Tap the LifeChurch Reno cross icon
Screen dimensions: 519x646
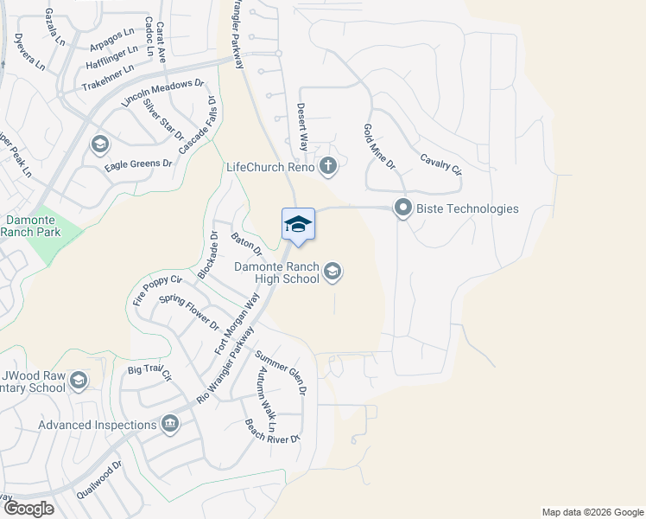click(327, 166)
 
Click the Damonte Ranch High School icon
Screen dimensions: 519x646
click(332, 273)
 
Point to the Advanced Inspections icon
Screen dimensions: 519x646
click(169, 424)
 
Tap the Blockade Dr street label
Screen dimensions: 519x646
click(207, 254)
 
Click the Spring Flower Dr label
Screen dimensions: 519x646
click(189, 312)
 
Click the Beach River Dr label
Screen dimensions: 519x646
click(271, 431)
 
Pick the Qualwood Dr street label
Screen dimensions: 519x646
click(100, 477)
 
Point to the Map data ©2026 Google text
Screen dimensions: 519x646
click(592, 512)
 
